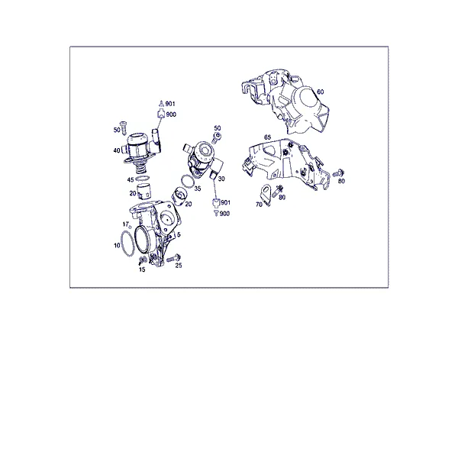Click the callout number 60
pyautogui.click(x=321, y=92)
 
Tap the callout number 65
pyautogui.click(x=268, y=137)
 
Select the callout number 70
pyautogui.click(x=259, y=205)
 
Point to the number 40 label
pyautogui.click(x=117, y=150)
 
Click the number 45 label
pyautogui.click(x=131, y=180)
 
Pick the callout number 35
pyautogui.click(x=198, y=189)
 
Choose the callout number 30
pyautogui.click(x=221, y=179)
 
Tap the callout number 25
pyautogui.click(x=179, y=265)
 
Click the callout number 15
pyautogui.click(x=142, y=269)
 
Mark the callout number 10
pyautogui.click(x=117, y=245)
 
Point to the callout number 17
pyautogui.click(x=126, y=224)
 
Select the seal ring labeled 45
pyautogui.click(x=143, y=179)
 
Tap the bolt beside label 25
pyautogui.click(x=174, y=259)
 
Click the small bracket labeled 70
pyautogui.click(x=266, y=195)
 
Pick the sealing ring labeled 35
pyautogui.click(x=188, y=181)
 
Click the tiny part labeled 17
pyautogui.click(x=131, y=227)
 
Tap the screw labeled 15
pyautogui.click(x=142, y=260)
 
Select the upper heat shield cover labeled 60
pyautogui.click(x=286, y=101)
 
